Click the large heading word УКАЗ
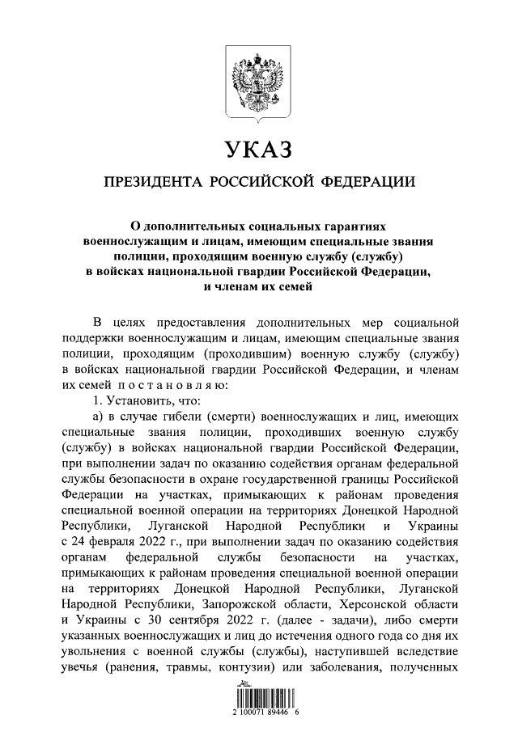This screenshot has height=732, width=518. click(258, 149)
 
